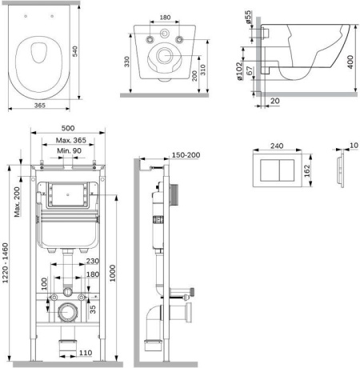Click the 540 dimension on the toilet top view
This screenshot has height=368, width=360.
click(x=75, y=51)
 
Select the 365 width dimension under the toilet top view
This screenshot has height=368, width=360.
click(x=40, y=106)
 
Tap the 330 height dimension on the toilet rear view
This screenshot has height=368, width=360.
click(x=126, y=62)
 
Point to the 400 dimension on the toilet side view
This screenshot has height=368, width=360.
click(x=350, y=62)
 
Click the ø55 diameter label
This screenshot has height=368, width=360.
click(x=248, y=17)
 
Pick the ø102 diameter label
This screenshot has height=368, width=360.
click(x=239, y=71)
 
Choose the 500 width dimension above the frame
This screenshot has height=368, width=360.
click(x=68, y=128)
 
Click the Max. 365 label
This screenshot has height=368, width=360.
click(x=71, y=140)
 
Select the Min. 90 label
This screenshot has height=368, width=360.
click(x=69, y=150)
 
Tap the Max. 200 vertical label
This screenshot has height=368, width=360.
click(x=17, y=202)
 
